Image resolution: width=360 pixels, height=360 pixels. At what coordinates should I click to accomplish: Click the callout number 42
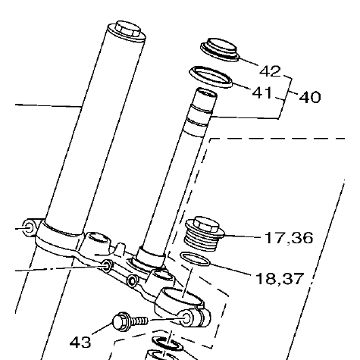tap(270, 71)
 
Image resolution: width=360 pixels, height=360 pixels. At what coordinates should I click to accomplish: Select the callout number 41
tap(262, 92)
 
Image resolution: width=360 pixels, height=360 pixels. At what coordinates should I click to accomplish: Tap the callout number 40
tap(310, 97)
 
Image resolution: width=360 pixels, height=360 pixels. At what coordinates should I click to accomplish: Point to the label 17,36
tap(289, 238)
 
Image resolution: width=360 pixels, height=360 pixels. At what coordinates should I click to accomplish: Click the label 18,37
tap(279, 279)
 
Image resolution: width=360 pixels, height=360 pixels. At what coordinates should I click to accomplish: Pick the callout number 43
tap(80, 343)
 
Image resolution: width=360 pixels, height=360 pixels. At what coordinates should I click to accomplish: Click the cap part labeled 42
tap(220, 49)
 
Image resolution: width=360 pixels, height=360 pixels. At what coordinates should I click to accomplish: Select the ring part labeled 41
tap(211, 77)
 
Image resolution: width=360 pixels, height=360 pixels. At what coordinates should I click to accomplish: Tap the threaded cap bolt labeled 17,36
tap(205, 234)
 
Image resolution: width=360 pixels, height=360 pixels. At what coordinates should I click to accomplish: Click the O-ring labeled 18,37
tap(195, 259)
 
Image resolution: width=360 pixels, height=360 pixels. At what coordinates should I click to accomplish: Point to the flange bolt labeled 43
tap(130, 321)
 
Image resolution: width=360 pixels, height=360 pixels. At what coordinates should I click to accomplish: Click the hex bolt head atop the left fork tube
tap(127, 30)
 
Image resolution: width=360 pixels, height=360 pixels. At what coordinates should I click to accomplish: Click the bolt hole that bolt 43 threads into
tap(186, 318)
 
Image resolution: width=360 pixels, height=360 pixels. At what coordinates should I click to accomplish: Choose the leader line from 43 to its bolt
tap(102, 329)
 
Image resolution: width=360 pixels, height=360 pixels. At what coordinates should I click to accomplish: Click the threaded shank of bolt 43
tap(139, 321)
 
